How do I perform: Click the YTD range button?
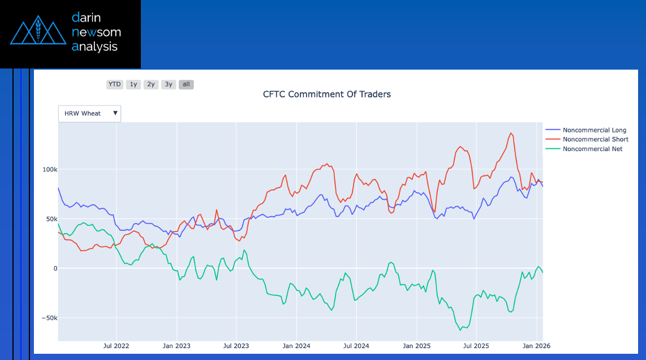115,84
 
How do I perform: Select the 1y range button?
133,84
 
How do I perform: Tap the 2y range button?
151,84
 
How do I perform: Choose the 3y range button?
169,84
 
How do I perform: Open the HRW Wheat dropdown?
89,113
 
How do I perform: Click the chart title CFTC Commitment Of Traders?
327,94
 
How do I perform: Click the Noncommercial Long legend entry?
595,130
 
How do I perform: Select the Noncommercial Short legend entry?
595,139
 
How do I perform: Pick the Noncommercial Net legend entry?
592,149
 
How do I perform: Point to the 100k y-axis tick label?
50,169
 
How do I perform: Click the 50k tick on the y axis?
51,219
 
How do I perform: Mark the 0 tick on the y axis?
55,268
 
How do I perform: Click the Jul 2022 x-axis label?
117,345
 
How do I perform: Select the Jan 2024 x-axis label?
296,345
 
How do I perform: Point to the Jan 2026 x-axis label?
536,345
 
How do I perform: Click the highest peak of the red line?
511,133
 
